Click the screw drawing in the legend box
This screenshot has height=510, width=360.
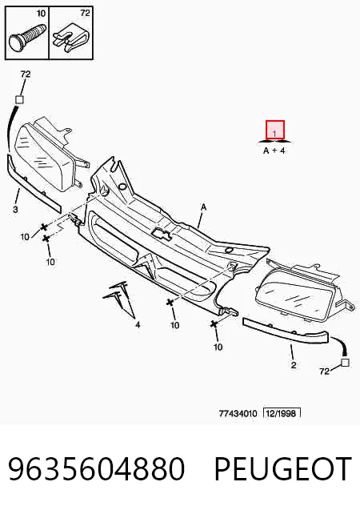(26, 37)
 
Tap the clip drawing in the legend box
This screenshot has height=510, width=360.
(71, 37)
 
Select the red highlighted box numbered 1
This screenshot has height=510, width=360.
(275, 130)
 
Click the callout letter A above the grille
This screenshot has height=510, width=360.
(203, 207)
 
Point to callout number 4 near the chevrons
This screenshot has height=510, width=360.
(138, 324)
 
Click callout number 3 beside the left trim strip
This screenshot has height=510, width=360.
(15, 210)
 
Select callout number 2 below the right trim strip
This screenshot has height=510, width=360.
(294, 365)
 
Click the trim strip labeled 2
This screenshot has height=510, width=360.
(286, 332)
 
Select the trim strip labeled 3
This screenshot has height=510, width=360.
(33, 185)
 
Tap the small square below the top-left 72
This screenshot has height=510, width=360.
(20, 99)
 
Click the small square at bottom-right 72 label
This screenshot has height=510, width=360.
(345, 363)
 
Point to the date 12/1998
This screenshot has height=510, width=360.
(282, 413)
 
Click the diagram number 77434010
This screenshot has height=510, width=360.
(238, 414)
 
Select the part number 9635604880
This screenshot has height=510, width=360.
(97, 468)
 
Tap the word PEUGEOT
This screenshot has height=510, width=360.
(283, 468)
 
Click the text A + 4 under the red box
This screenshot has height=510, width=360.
(274, 151)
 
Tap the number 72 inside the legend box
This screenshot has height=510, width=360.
(85, 13)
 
